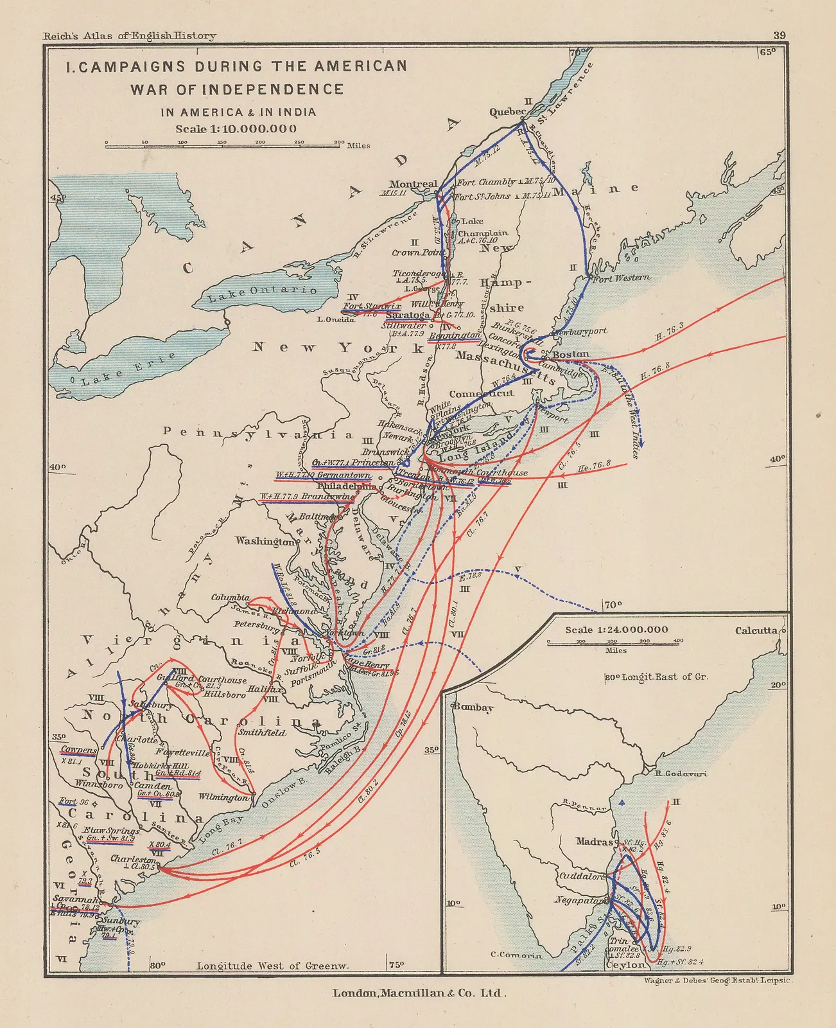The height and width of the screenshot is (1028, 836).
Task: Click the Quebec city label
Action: tap(507, 112)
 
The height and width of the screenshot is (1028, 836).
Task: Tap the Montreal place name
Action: tap(413, 184)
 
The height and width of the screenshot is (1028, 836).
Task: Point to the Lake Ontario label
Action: tap(263, 293)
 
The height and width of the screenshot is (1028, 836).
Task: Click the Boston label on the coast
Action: tap(570, 355)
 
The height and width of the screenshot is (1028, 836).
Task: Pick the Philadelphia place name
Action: tap(347, 487)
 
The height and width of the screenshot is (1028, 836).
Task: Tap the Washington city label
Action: tap(264, 541)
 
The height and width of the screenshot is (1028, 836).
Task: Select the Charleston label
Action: tap(133, 859)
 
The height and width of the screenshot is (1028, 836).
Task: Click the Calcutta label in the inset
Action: tap(756, 631)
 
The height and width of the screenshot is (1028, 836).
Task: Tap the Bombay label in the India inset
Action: tap(473, 707)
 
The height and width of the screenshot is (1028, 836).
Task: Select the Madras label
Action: tap(594, 842)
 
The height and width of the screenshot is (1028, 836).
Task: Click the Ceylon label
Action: tap(625, 965)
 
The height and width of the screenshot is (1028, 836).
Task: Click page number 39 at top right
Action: tap(779, 36)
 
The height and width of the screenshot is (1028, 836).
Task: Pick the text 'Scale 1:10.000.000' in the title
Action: tap(236, 128)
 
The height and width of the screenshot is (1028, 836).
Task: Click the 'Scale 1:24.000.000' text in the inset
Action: tap(616, 630)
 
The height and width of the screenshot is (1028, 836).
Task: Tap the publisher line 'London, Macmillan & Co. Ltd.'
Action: tap(419, 993)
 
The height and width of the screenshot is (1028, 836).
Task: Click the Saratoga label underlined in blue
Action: tap(408, 315)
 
